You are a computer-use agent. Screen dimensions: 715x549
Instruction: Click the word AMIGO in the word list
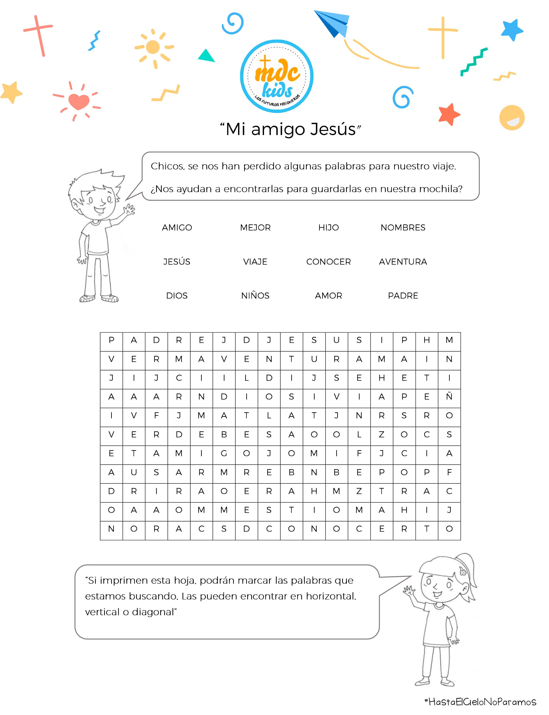[x=177, y=227]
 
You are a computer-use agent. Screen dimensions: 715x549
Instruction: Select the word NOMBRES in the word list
[x=403, y=227]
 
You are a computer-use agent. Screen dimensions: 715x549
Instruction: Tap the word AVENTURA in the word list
[x=403, y=262]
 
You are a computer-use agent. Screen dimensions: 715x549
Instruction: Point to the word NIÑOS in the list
[x=255, y=296]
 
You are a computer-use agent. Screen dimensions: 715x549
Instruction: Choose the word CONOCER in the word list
[x=328, y=262]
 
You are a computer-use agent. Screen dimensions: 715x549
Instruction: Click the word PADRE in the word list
[x=403, y=296]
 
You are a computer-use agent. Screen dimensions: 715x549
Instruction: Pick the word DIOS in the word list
[x=177, y=296]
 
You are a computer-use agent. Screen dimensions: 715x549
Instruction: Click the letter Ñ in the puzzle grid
[x=449, y=396]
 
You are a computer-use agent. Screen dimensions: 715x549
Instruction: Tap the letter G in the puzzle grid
[x=224, y=453]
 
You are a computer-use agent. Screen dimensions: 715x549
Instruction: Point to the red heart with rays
[x=78, y=101]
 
